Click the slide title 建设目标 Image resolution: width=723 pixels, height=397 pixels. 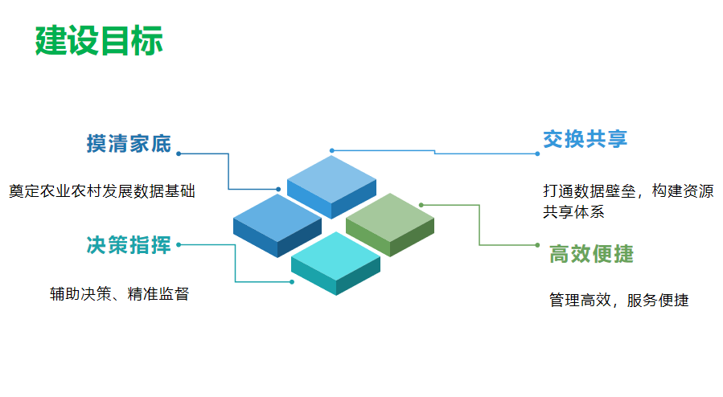99,40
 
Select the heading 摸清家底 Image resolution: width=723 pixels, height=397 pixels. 129,144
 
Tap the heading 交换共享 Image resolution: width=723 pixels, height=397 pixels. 585,139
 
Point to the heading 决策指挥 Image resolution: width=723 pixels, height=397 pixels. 129,246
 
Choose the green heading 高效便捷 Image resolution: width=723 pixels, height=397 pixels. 591,255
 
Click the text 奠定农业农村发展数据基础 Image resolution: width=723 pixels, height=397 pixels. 102,191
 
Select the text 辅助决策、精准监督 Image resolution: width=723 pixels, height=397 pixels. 119,294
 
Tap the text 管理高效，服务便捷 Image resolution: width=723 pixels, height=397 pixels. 618,301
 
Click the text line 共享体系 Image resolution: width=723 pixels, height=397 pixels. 573,212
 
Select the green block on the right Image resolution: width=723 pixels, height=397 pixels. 390,221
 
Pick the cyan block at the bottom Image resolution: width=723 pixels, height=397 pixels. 335,260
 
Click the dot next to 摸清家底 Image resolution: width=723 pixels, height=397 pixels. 179,153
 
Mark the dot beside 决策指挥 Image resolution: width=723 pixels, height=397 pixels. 179,244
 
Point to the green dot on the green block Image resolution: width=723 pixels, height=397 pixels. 421,205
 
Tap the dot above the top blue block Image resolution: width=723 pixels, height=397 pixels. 331,150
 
